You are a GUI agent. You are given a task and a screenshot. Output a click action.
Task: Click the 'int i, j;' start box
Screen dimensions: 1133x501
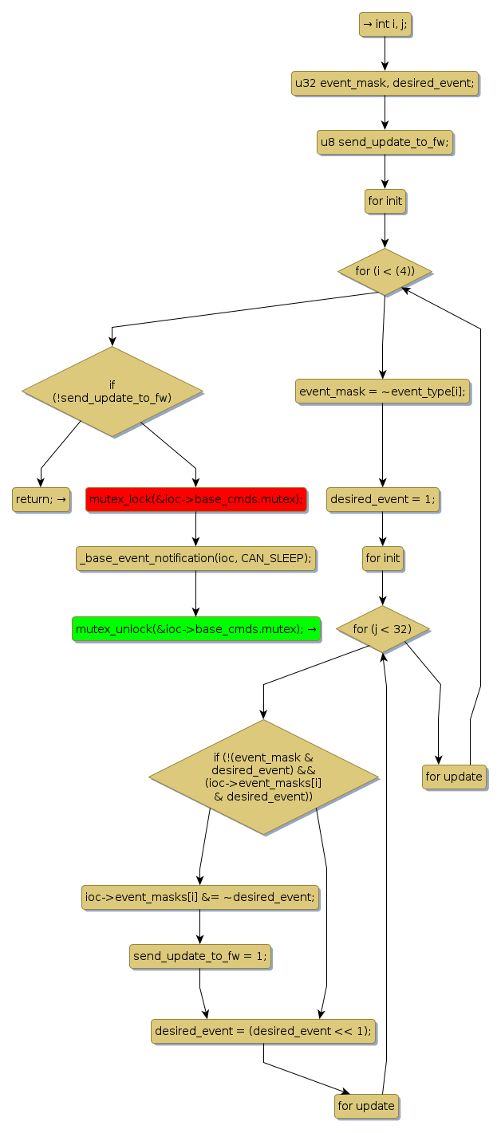385,24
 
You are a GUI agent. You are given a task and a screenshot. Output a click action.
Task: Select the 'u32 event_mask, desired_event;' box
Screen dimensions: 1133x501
385,83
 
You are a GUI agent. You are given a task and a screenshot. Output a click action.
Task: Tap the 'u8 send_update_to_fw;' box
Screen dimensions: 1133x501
385,142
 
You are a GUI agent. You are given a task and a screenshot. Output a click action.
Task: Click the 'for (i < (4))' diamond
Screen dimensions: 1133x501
385,272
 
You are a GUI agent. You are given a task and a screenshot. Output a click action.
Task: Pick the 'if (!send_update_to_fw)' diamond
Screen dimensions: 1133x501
112,391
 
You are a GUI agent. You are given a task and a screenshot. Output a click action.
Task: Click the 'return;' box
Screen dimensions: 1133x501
41,499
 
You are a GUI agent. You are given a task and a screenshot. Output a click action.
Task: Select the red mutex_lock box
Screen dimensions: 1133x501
195,499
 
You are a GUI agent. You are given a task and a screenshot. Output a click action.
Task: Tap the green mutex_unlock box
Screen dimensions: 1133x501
195,629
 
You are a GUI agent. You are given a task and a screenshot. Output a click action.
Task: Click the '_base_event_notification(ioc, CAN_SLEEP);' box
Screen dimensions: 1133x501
195,558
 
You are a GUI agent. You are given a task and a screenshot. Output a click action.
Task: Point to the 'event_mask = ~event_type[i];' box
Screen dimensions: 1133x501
382,391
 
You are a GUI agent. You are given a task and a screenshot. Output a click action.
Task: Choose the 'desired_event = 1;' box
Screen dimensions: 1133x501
382,499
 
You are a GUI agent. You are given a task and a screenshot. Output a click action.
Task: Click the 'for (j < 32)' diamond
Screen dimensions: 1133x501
383,629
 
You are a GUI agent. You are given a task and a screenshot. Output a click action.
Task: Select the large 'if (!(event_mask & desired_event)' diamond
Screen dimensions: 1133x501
263,777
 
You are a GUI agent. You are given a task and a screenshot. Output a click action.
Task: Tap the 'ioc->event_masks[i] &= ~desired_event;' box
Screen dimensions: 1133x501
199,896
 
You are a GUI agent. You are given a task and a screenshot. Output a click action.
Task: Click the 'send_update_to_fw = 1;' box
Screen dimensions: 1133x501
199,955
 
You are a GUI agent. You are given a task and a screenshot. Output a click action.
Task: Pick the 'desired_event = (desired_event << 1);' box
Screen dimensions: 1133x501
263,1030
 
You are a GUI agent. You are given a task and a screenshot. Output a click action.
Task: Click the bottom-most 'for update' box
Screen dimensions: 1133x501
366,1106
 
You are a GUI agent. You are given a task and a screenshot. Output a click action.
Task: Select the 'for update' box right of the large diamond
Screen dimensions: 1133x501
454,777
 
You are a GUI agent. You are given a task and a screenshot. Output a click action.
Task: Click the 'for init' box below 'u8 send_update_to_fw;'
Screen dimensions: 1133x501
385,201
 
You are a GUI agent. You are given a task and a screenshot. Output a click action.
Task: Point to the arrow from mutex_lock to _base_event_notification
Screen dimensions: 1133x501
195,529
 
